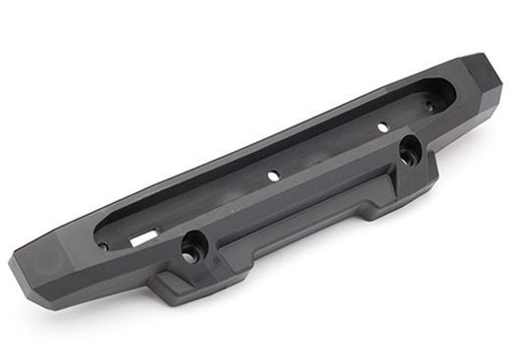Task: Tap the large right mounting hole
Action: tap(407, 150)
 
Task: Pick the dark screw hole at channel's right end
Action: tap(428, 101)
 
